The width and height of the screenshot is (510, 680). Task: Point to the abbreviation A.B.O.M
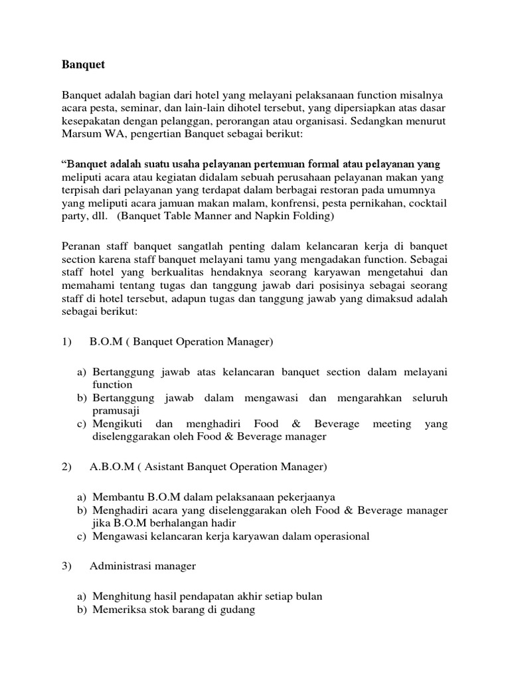click(111, 467)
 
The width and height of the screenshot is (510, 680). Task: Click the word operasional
click(340, 537)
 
